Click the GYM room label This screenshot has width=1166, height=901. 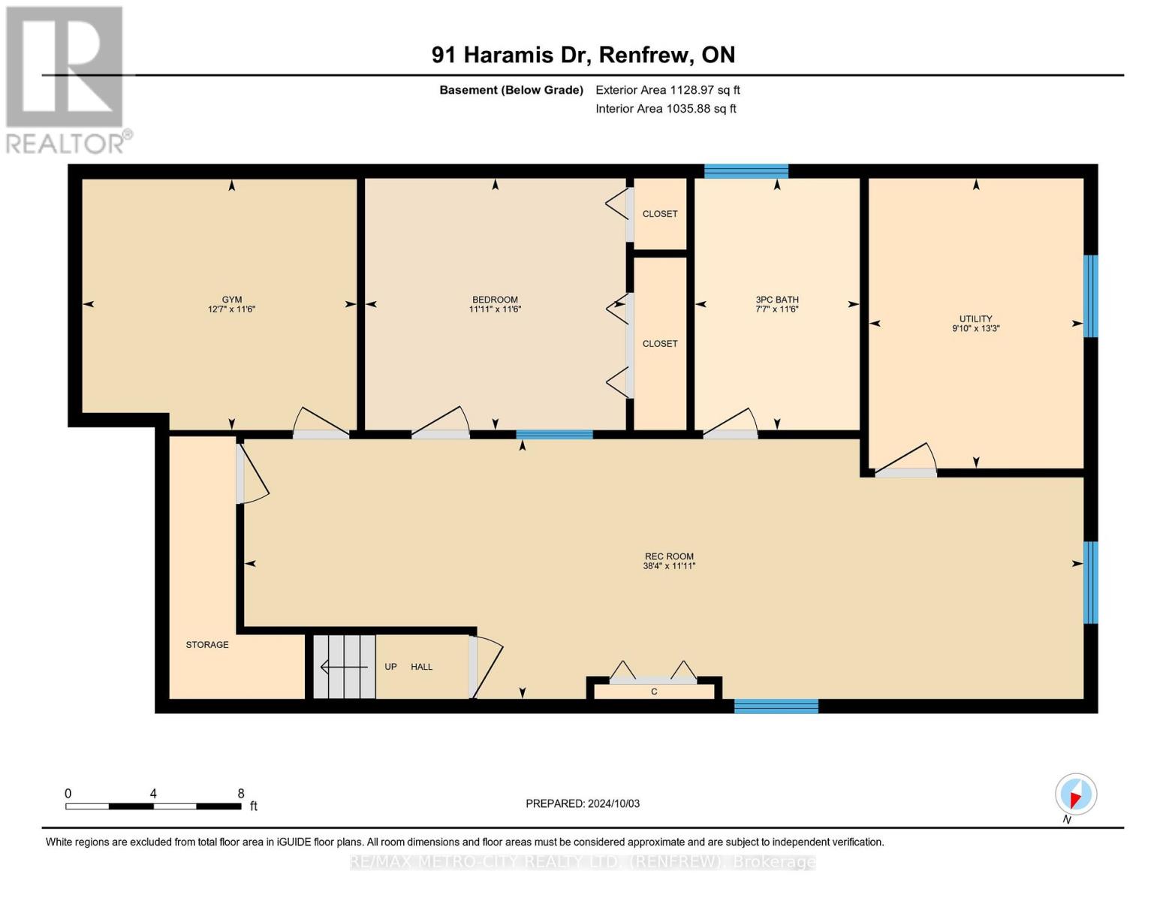click(231, 300)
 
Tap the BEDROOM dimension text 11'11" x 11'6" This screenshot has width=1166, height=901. click(495, 309)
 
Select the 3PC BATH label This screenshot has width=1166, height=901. click(777, 300)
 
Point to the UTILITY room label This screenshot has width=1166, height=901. click(975, 318)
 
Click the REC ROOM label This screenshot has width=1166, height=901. click(669, 556)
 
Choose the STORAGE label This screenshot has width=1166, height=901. click(207, 645)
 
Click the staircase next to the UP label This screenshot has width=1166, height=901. click(344, 667)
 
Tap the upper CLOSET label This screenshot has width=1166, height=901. click(660, 214)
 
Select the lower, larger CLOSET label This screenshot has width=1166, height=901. click(660, 344)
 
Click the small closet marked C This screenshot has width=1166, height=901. click(654, 692)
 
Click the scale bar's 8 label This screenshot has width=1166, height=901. click(241, 794)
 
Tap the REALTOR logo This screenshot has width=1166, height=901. click(66, 79)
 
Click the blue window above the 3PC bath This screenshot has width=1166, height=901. click(746, 171)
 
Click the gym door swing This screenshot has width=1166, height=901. click(321, 423)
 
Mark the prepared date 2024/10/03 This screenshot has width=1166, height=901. click(583, 803)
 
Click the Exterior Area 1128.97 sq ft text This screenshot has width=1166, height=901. click(667, 90)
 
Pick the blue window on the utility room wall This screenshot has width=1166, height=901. click(1090, 296)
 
